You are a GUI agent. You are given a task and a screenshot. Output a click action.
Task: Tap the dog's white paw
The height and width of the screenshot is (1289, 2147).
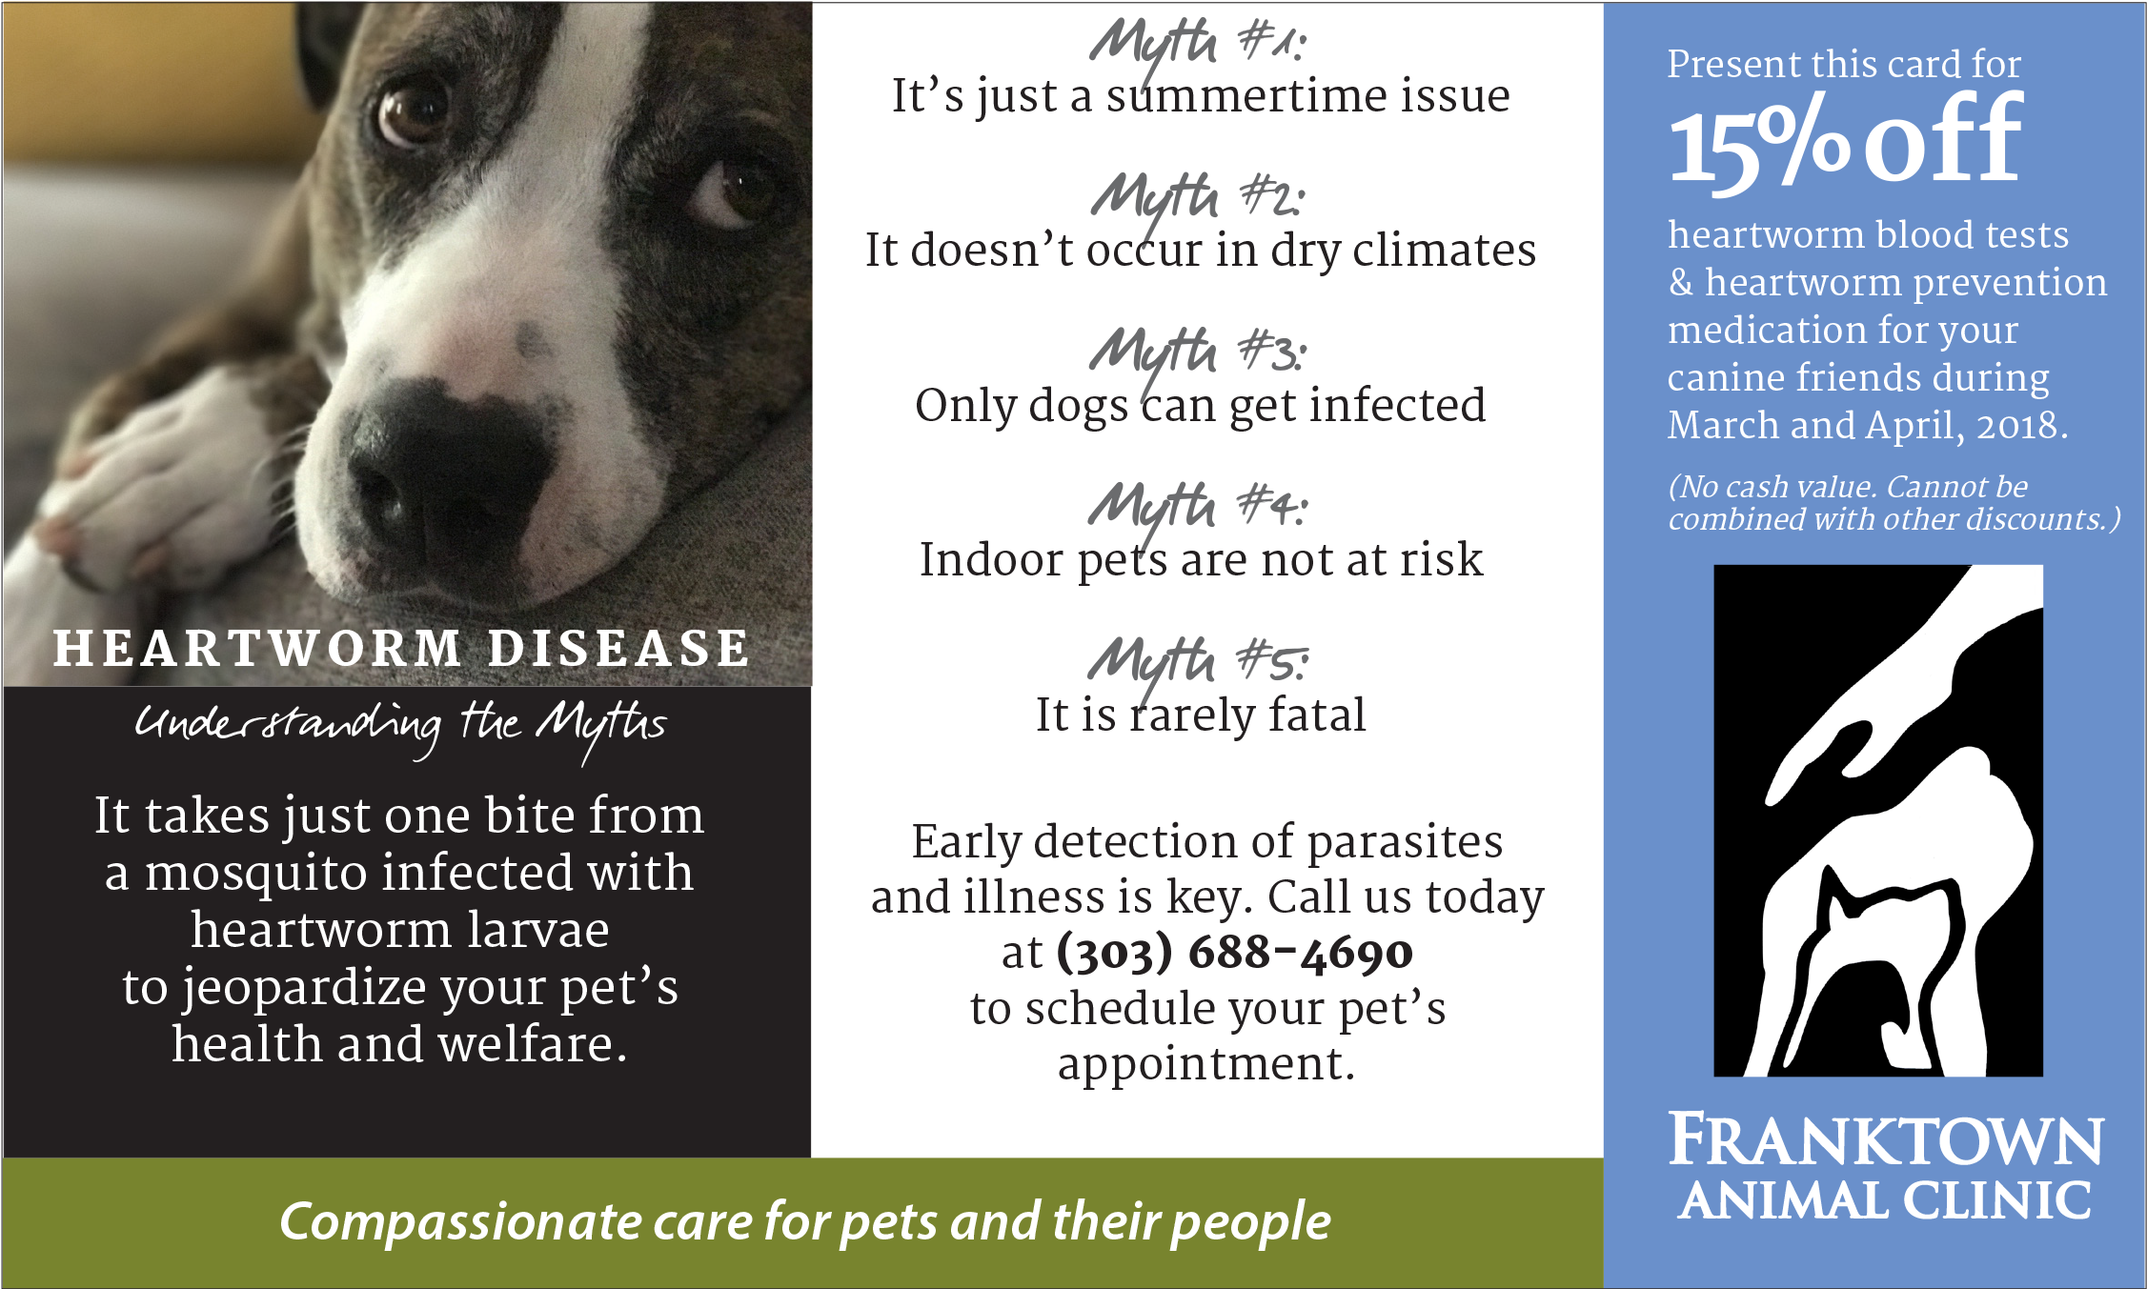(x=162, y=476)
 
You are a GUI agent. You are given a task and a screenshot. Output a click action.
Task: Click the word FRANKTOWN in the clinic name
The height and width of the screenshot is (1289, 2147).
(x=1886, y=1140)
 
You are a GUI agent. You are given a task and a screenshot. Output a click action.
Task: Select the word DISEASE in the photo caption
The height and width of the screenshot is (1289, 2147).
(x=618, y=649)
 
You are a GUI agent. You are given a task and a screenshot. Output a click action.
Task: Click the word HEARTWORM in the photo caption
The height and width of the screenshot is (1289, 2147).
(x=258, y=649)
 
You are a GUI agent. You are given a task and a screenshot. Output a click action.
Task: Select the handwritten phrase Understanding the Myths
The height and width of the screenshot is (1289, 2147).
(x=400, y=729)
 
